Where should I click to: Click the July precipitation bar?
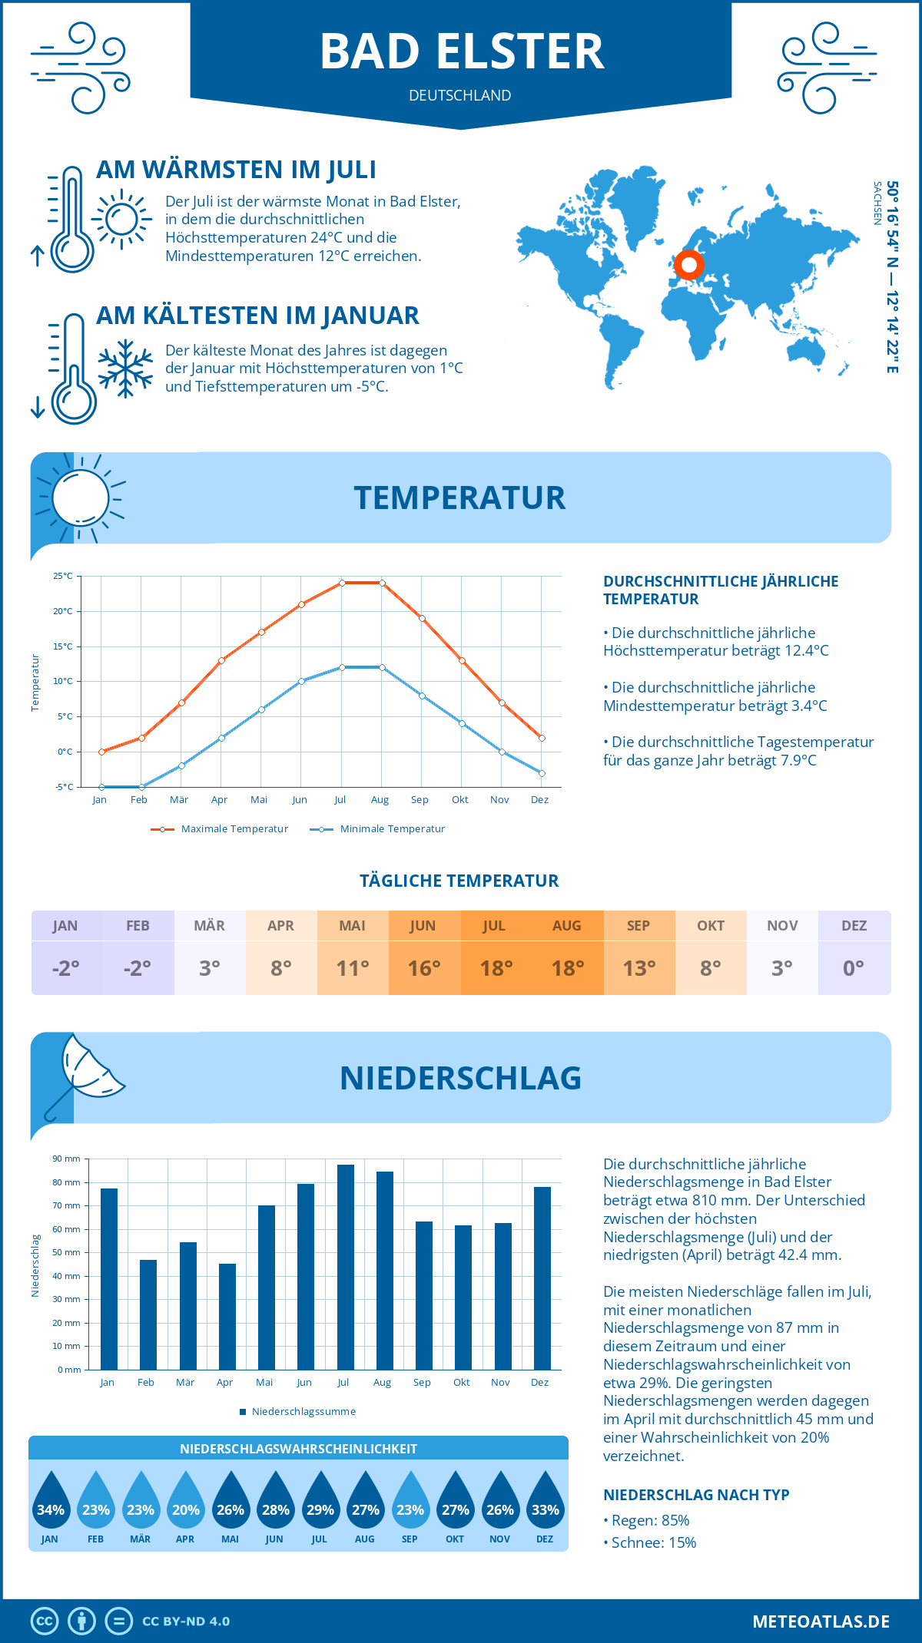[346, 1267]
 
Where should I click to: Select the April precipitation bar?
[227, 1316]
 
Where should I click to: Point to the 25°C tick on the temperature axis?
[63, 576]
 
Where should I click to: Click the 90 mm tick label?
[67, 1159]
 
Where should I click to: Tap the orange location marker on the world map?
[689, 265]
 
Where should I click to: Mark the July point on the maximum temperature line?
[342, 583]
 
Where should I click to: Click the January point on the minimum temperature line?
[101, 787]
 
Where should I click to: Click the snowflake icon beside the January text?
[125, 369]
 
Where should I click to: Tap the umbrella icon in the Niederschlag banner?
[85, 1071]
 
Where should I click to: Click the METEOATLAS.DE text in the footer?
[821, 1622]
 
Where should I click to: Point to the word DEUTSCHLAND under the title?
[459, 95]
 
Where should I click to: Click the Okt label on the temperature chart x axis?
[459, 800]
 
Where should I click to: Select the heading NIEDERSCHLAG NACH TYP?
[696, 1495]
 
